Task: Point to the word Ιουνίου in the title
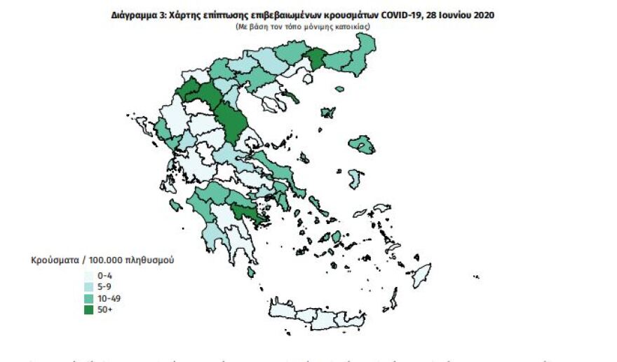click(449, 15)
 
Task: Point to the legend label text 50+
click(104, 309)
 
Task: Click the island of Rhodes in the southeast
click(421, 274)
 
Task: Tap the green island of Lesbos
click(362, 146)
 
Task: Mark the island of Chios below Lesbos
click(355, 179)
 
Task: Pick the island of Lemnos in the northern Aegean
click(327, 113)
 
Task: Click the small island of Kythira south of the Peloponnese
click(251, 272)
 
